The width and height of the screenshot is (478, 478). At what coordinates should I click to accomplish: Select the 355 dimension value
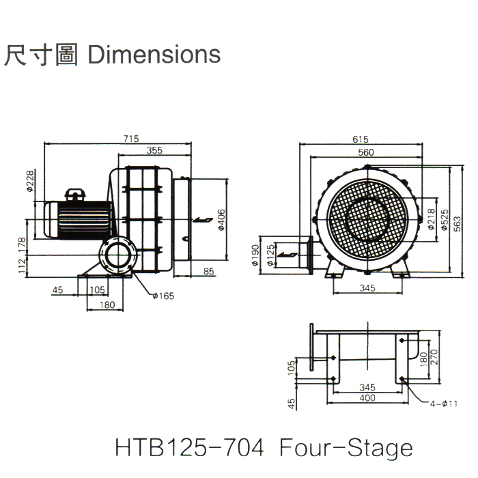click(x=154, y=151)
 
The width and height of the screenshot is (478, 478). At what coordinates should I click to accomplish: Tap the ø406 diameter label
click(x=221, y=220)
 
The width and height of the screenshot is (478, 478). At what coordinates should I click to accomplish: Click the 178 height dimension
click(x=22, y=242)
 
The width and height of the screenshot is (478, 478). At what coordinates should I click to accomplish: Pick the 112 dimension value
click(x=22, y=264)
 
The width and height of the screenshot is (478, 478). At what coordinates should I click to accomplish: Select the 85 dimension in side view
click(x=208, y=271)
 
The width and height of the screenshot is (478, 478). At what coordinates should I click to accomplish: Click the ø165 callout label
click(x=164, y=295)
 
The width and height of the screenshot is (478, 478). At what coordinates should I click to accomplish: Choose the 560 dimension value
click(x=366, y=152)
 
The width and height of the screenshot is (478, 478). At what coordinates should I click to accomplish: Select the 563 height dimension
click(x=457, y=223)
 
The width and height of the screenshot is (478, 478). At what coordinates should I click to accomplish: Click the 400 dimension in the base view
click(x=367, y=397)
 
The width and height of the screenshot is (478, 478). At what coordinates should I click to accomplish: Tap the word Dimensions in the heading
click(x=155, y=55)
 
